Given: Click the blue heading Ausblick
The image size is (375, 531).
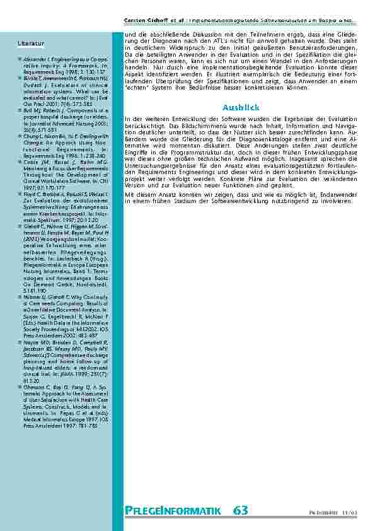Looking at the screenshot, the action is coord(241,108).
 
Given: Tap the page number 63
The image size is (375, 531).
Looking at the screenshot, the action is coord(240,510).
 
